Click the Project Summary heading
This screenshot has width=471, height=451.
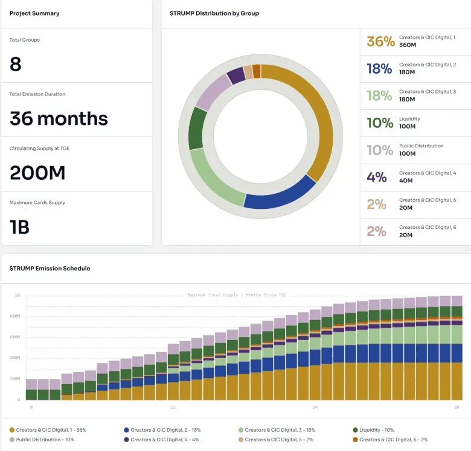[34, 13]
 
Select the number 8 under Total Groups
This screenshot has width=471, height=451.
[16, 64]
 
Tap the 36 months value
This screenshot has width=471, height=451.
[59, 118]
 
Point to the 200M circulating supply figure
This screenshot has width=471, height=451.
[37, 173]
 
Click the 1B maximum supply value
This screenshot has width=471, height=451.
[20, 227]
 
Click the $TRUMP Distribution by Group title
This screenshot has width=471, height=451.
[215, 13]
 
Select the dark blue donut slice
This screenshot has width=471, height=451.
[281, 194]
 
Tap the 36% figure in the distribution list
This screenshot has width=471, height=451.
[380, 42]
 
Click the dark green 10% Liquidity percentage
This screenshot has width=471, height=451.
[380, 123]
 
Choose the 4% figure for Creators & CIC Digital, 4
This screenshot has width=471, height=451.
[377, 178]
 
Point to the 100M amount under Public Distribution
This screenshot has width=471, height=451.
[407, 153]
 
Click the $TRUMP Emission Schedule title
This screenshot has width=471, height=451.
[50, 268]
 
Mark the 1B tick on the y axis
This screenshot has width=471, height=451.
[18, 295]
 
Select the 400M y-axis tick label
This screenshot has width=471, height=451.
[14, 358]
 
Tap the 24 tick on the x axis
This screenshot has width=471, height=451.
[316, 408]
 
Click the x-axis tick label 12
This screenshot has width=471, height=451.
[173, 408]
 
